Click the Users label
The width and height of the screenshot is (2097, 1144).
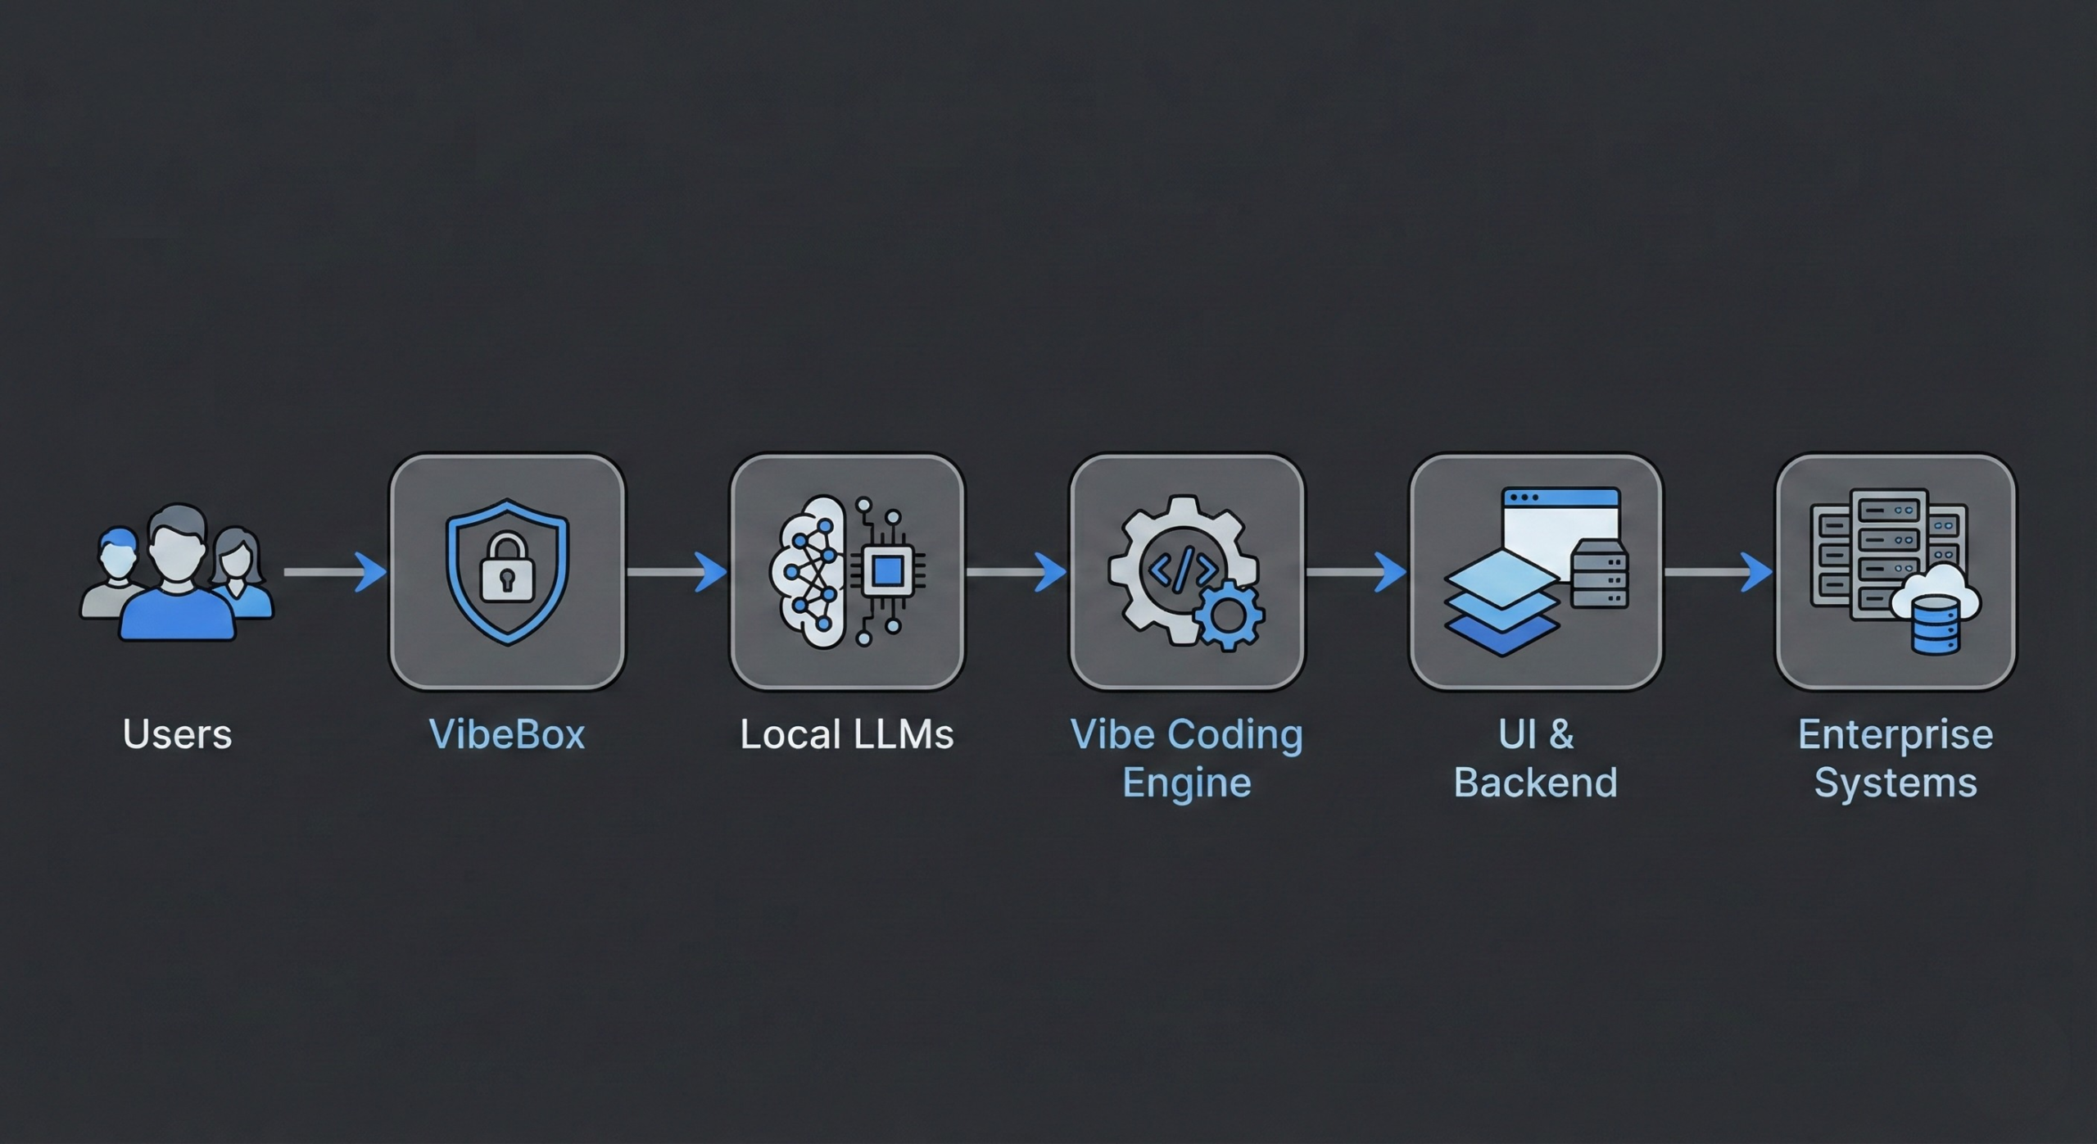[x=177, y=734]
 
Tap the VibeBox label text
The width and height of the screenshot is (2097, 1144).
[x=507, y=734]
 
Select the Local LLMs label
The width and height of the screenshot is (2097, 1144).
[x=847, y=734]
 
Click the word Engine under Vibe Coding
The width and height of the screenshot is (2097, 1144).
[x=1186, y=783]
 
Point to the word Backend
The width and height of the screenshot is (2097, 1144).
[x=1535, y=783]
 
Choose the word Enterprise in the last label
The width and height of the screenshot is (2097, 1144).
[x=1895, y=734]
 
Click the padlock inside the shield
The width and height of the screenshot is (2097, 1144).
[x=506, y=567]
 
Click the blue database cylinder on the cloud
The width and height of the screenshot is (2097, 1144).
[x=1936, y=624]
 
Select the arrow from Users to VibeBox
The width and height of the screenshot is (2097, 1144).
[x=336, y=571]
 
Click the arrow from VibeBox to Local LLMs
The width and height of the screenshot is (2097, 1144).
[x=677, y=571]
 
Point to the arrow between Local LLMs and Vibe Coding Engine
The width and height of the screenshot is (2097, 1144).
[x=1016, y=571]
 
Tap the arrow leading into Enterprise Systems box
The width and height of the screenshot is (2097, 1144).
[x=1719, y=571]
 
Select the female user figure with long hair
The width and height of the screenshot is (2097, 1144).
[x=239, y=574]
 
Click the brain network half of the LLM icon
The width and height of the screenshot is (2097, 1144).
[x=807, y=571]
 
